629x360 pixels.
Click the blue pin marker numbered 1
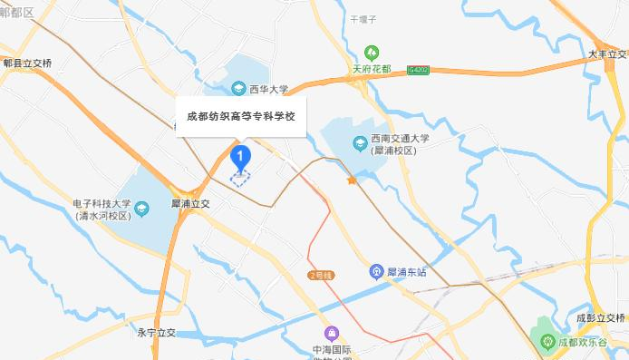point(240,157)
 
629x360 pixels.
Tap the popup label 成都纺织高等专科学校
point(240,116)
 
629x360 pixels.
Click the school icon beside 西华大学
point(237,89)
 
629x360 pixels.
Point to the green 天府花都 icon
point(370,54)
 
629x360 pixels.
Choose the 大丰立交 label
point(606,54)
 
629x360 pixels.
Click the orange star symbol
point(351,181)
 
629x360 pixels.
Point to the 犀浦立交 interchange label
point(190,205)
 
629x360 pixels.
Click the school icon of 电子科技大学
point(141,210)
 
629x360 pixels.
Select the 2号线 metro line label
point(322,275)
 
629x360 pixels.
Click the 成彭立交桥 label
point(600,317)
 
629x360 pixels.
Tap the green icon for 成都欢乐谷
point(547,342)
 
